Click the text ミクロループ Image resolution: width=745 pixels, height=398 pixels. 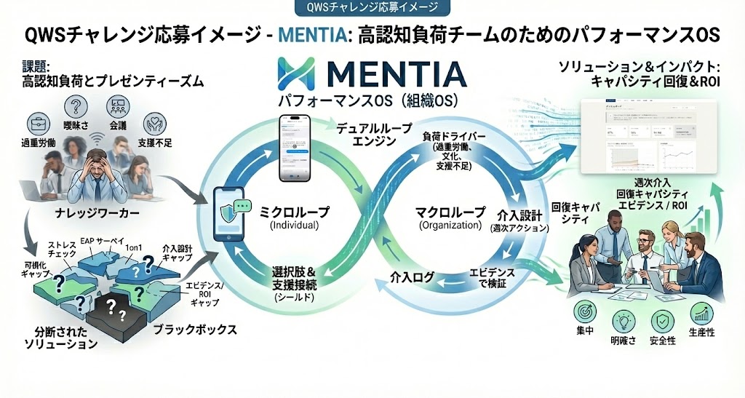tap(295, 212)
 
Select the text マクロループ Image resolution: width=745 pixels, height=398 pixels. tap(450, 212)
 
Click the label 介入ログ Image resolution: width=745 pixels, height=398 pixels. tap(412, 277)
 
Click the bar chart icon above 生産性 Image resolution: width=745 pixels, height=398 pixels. tap(701, 314)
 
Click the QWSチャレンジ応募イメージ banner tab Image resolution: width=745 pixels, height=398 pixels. tap(372, 8)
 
